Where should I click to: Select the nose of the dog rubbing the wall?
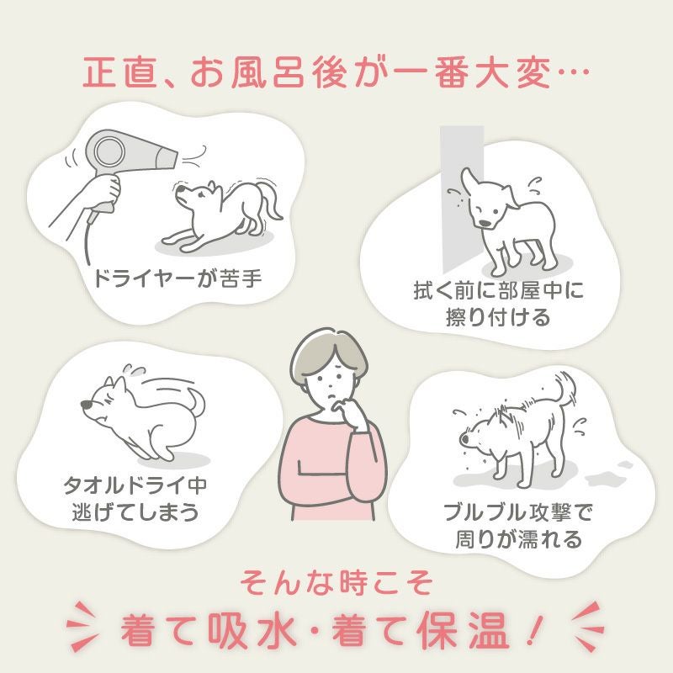click(x=485, y=223)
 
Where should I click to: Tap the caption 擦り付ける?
click(x=498, y=317)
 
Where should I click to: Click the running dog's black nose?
click(x=87, y=405)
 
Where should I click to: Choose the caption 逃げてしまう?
click(x=135, y=511)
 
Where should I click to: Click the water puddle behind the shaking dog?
click(x=609, y=474)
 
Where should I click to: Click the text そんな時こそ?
click(x=336, y=583)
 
